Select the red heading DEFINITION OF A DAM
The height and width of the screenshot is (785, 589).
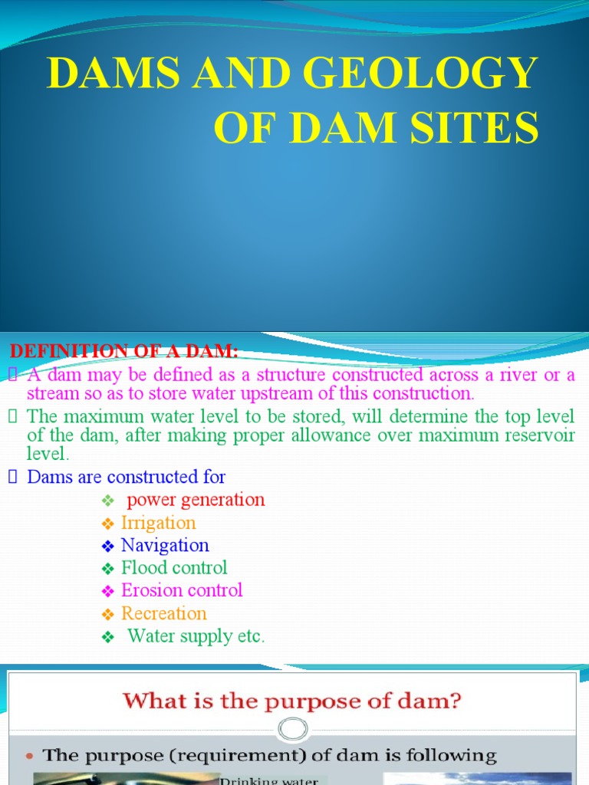point(124,351)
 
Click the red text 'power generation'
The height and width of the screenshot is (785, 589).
point(196,500)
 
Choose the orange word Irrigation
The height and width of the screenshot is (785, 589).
point(159,523)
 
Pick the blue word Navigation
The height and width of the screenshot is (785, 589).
point(165,545)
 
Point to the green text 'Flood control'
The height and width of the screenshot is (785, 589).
point(174,568)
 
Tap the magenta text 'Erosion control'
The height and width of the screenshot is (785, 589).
point(182,590)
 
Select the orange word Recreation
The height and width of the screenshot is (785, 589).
point(164,613)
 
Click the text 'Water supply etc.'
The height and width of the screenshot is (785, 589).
point(196,636)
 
